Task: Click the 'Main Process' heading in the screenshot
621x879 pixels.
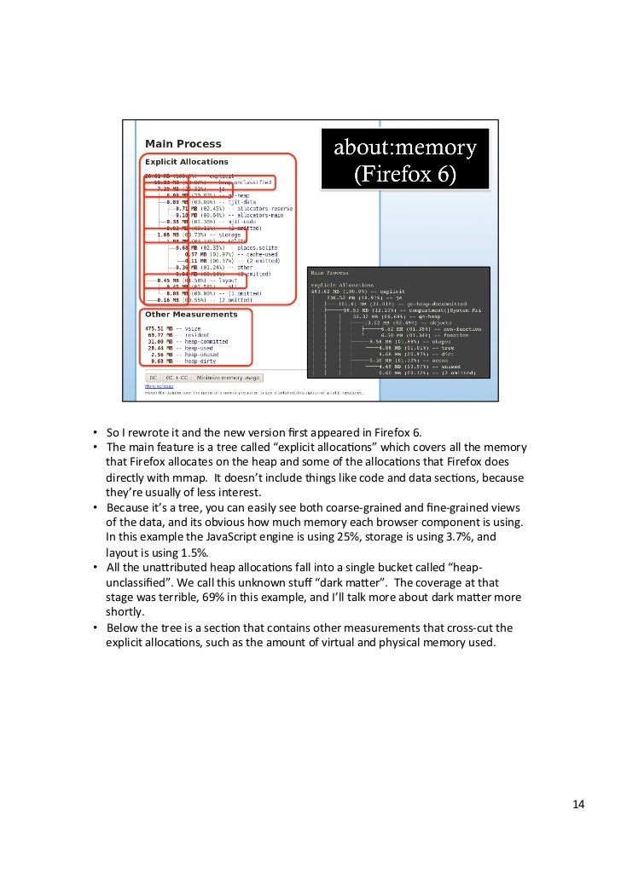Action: [x=183, y=144]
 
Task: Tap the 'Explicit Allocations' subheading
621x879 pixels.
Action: [x=186, y=161]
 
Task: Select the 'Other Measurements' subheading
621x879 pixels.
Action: [x=190, y=315]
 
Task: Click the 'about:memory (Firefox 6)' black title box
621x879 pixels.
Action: [x=404, y=159]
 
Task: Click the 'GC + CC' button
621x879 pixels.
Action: [x=177, y=377]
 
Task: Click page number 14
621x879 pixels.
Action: [x=578, y=804]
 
